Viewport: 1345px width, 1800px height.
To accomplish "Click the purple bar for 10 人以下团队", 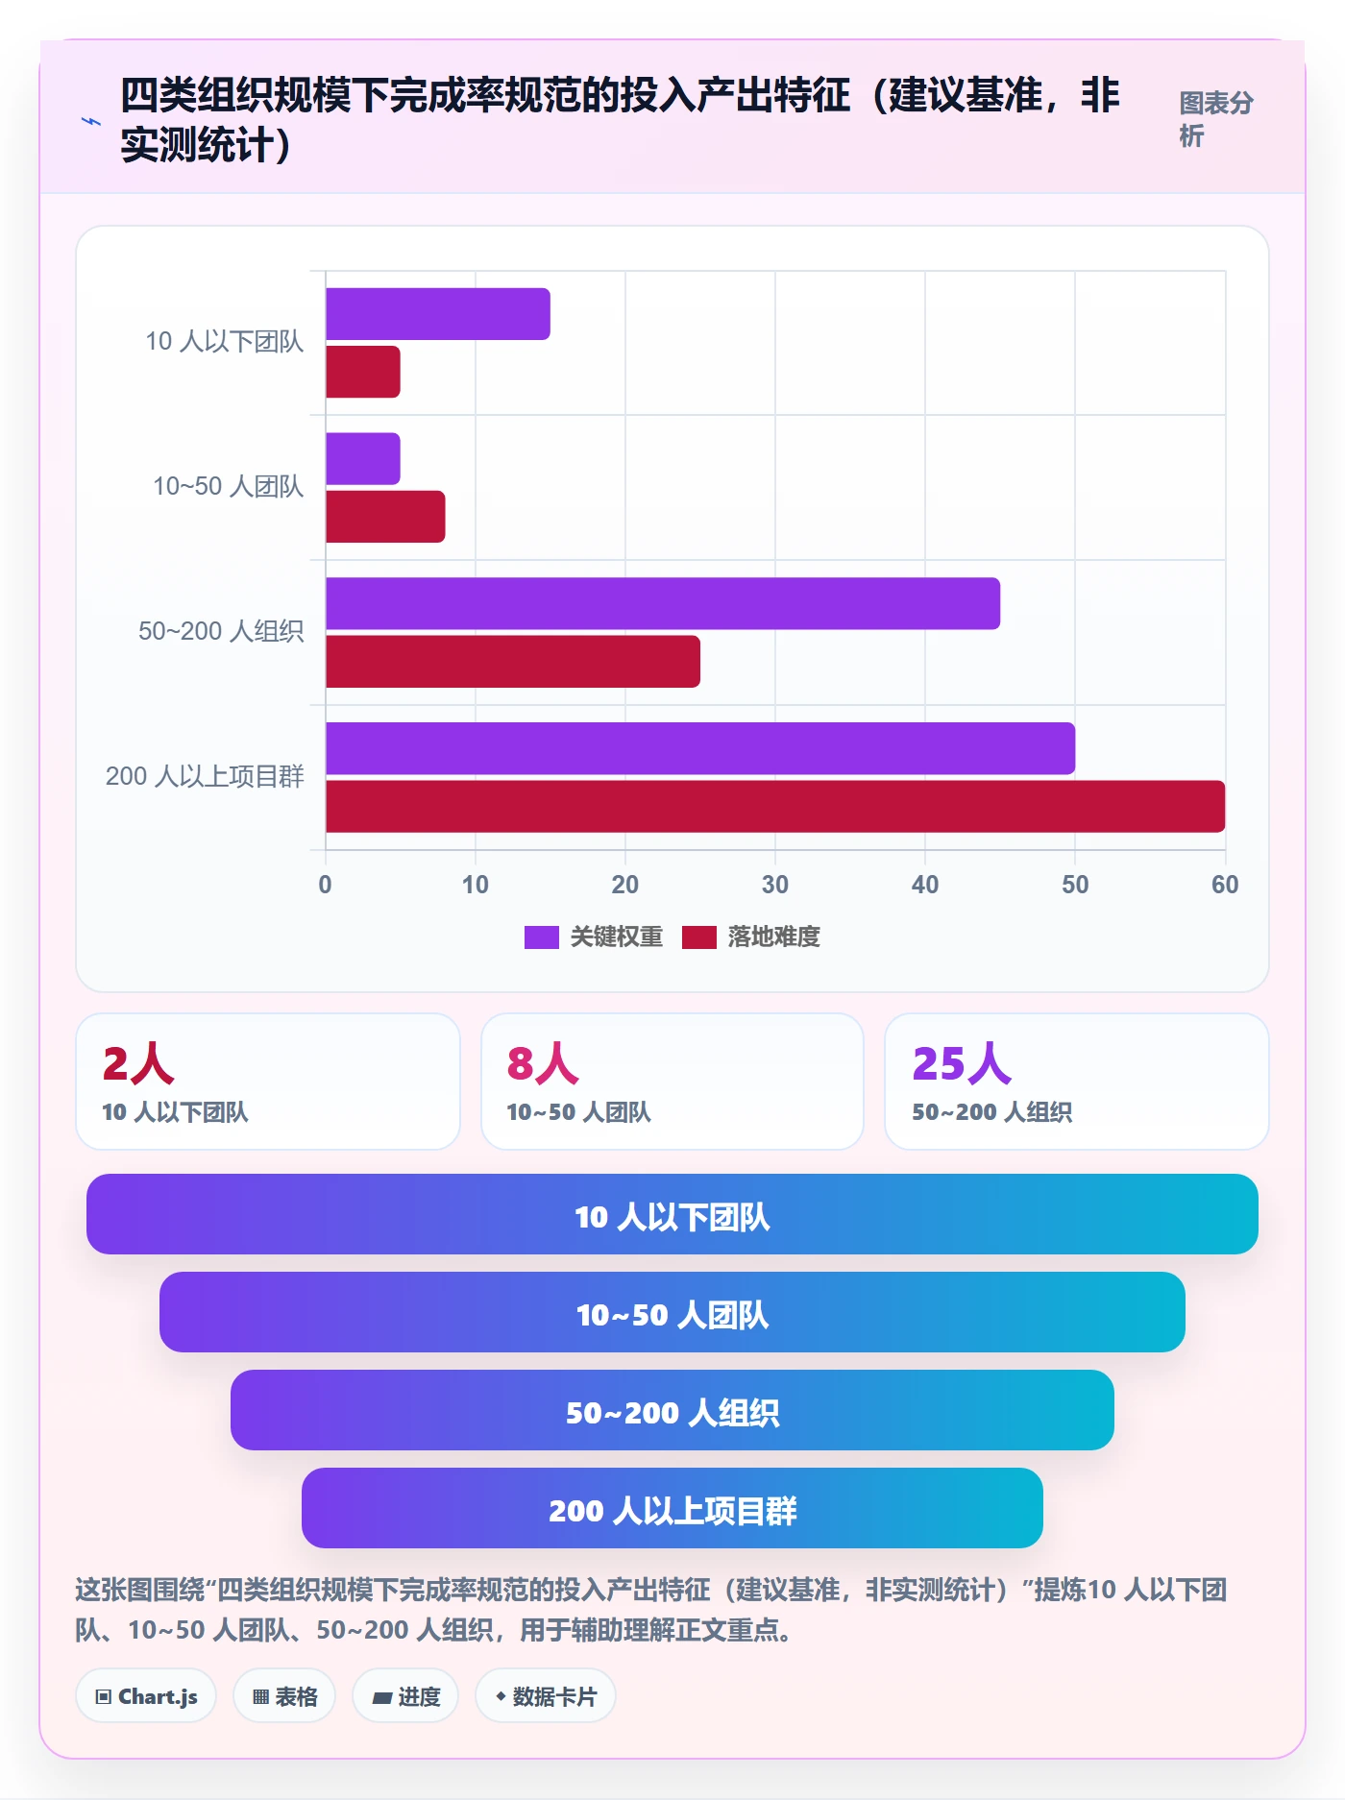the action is pos(438,314).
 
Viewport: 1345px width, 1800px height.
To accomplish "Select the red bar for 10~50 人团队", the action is pos(385,517).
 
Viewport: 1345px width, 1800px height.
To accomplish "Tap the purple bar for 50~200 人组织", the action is pos(663,603).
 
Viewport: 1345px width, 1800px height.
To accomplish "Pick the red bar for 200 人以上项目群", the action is pos(775,806).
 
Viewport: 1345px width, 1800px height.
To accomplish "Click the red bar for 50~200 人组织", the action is pos(513,662).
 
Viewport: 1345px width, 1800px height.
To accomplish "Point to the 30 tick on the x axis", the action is pos(775,885).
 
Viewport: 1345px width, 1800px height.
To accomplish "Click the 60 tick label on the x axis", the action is pos(1225,885).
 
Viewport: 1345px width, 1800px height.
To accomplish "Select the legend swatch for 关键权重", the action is pos(542,937).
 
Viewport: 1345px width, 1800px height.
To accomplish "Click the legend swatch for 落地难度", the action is pos(699,937).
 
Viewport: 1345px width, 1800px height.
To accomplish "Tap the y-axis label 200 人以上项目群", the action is pos(205,776).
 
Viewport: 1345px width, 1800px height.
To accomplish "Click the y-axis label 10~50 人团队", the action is pos(229,486).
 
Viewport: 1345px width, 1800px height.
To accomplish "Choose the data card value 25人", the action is pos(962,1063).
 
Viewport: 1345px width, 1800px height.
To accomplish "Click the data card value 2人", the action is pos(138,1063).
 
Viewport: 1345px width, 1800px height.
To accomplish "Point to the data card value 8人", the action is pos(543,1063).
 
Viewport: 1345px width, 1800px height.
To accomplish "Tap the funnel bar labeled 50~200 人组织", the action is pos(672,1410).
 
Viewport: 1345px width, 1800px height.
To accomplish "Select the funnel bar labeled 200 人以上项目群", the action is pos(672,1508).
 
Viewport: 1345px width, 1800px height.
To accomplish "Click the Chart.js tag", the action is pos(146,1696).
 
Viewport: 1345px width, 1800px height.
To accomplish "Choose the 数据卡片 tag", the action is pos(546,1696).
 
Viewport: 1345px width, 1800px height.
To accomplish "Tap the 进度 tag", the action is pos(405,1696).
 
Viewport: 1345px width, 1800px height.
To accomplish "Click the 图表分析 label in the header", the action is pos(1216,119).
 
